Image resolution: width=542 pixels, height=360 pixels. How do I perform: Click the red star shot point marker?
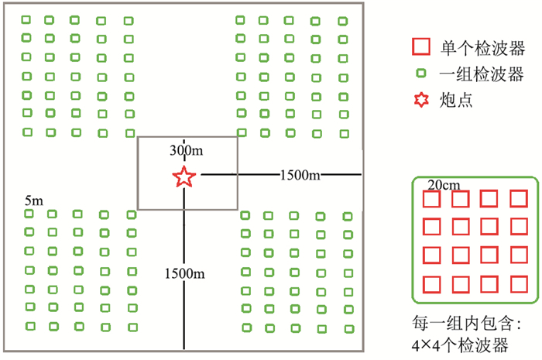click(184, 177)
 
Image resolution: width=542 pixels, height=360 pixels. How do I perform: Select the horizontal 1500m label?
click(300, 176)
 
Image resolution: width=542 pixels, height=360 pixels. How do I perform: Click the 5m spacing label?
click(33, 201)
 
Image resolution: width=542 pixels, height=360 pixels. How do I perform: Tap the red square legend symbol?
click(420, 47)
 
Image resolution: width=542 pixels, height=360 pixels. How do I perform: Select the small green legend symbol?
click(420, 74)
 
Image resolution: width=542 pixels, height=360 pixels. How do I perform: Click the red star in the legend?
click(420, 100)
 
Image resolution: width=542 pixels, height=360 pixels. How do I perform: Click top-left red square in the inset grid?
click(431, 200)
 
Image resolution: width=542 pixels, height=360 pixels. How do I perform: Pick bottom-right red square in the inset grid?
click(518, 285)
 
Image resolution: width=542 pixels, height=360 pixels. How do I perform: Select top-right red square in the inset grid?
click(518, 200)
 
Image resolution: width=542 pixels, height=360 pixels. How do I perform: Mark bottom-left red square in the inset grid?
click(431, 285)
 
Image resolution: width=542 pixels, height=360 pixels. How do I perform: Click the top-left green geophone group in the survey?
click(27, 19)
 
